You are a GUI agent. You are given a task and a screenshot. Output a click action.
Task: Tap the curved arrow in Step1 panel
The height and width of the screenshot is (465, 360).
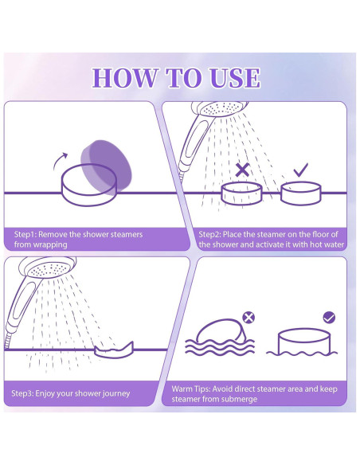coord(60,161)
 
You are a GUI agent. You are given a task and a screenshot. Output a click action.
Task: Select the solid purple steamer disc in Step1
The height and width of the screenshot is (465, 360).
coord(106,167)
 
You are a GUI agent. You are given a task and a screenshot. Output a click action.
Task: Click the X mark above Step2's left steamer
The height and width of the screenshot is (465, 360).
coord(242,170)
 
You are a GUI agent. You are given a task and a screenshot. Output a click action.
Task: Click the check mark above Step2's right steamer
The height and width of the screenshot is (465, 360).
coord(301,170)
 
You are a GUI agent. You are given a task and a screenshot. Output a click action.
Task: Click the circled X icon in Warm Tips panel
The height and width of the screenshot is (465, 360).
coord(248,318)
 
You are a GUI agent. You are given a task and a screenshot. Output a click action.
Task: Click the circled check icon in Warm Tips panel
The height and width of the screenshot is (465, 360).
coord(329,318)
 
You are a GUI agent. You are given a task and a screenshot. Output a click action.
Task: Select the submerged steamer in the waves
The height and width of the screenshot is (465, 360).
coord(221,331)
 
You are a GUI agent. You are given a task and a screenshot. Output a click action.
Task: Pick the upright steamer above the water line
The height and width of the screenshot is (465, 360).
coord(304,341)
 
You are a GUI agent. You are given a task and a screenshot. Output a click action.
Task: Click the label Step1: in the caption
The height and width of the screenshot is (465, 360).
coord(25,235)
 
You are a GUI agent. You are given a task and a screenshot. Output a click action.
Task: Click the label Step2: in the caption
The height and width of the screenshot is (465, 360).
coord(209,235)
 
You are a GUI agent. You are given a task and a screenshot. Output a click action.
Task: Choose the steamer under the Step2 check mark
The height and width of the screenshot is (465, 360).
coord(301,193)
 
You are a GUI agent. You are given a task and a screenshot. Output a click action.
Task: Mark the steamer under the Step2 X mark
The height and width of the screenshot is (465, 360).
coord(242,193)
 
